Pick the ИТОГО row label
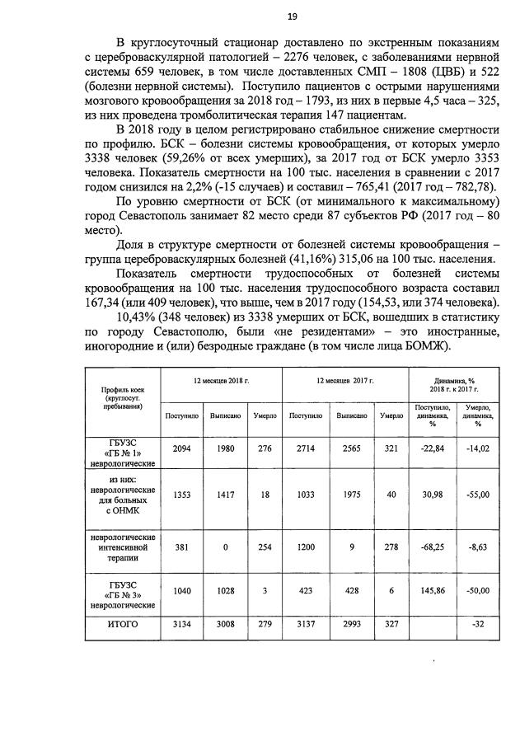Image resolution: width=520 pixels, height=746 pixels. pos(123,625)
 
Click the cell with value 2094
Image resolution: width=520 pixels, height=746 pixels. pos(182,448)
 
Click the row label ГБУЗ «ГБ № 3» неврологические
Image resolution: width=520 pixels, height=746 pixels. pos(123,591)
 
